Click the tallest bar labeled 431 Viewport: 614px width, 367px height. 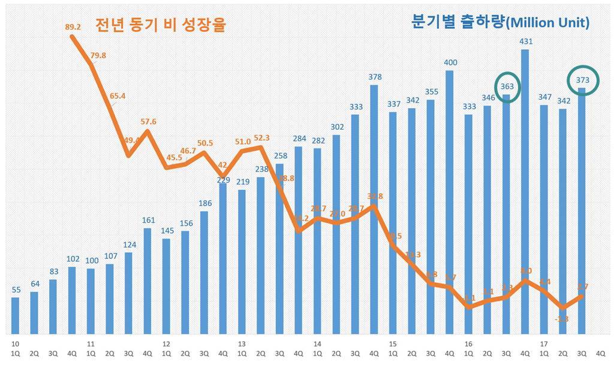(525, 192)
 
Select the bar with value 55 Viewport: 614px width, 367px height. (16, 315)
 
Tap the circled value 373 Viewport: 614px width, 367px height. (582, 80)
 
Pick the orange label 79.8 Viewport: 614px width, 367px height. (98, 55)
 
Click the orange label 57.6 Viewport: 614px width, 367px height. (148, 122)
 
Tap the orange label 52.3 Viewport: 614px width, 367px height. (261, 138)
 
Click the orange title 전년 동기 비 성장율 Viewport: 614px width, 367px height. (163, 25)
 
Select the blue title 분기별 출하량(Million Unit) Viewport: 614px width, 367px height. (500, 22)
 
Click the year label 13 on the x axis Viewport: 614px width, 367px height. (242, 345)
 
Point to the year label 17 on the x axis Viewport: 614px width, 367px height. (544, 345)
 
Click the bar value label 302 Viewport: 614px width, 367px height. (337, 127)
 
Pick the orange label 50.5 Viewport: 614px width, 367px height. (205, 143)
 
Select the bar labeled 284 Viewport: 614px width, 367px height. (299, 240)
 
